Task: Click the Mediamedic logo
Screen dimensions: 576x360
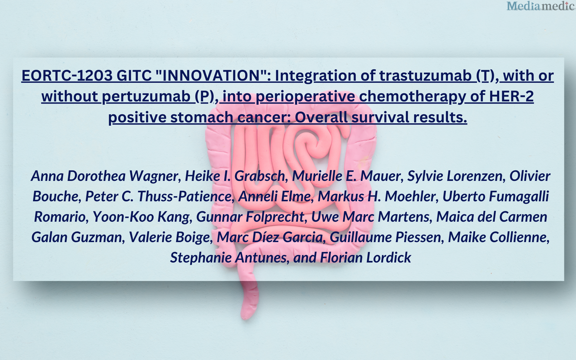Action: (541, 6)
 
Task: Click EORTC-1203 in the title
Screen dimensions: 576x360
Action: (67, 75)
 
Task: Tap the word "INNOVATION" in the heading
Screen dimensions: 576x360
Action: (211, 75)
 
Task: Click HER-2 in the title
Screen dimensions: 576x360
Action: (511, 96)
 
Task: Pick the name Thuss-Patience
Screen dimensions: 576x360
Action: (185, 196)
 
